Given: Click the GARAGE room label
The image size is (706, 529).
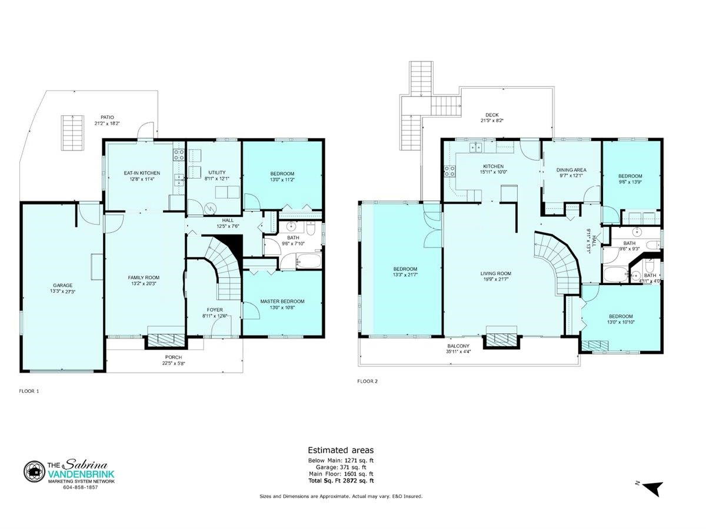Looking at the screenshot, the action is pyautogui.click(x=62, y=285).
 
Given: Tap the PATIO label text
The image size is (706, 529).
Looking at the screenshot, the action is pyautogui.click(x=107, y=117).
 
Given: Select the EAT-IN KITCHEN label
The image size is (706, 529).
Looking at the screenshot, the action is pyautogui.click(x=142, y=173).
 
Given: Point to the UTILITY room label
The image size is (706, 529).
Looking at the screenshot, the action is pyautogui.click(x=217, y=172).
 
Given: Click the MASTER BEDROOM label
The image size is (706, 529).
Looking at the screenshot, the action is pyautogui.click(x=282, y=302).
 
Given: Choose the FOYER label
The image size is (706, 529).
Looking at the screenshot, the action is pyautogui.click(x=215, y=310).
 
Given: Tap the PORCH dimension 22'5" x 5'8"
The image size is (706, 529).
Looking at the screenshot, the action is pyautogui.click(x=174, y=363).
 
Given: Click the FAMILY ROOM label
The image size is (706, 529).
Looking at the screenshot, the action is pyautogui.click(x=144, y=277).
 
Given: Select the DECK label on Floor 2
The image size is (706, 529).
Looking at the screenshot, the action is pyautogui.click(x=492, y=115).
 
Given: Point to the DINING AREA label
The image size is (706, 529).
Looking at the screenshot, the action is pyautogui.click(x=571, y=170).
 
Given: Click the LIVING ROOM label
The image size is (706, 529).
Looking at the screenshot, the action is pyautogui.click(x=495, y=273).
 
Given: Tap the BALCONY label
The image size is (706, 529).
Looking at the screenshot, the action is pyautogui.click(x=458, y=346).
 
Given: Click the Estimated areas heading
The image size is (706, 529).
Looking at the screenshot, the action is pyautogui.click(x=341, y=450).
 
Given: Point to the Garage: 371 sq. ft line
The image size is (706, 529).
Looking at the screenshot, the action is pyautogui.click(x=341, y=467).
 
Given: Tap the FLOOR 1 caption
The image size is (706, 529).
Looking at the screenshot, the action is pyautogui.click(x=29, y=391).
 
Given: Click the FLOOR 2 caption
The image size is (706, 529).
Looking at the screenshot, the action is pyautogui.click(x=367, y=381).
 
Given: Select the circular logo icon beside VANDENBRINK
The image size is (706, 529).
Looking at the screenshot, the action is pyautogui.click(x=34, y=471).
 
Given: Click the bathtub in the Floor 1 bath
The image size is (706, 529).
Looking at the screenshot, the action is pyautogui.click(x=301, y=260).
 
